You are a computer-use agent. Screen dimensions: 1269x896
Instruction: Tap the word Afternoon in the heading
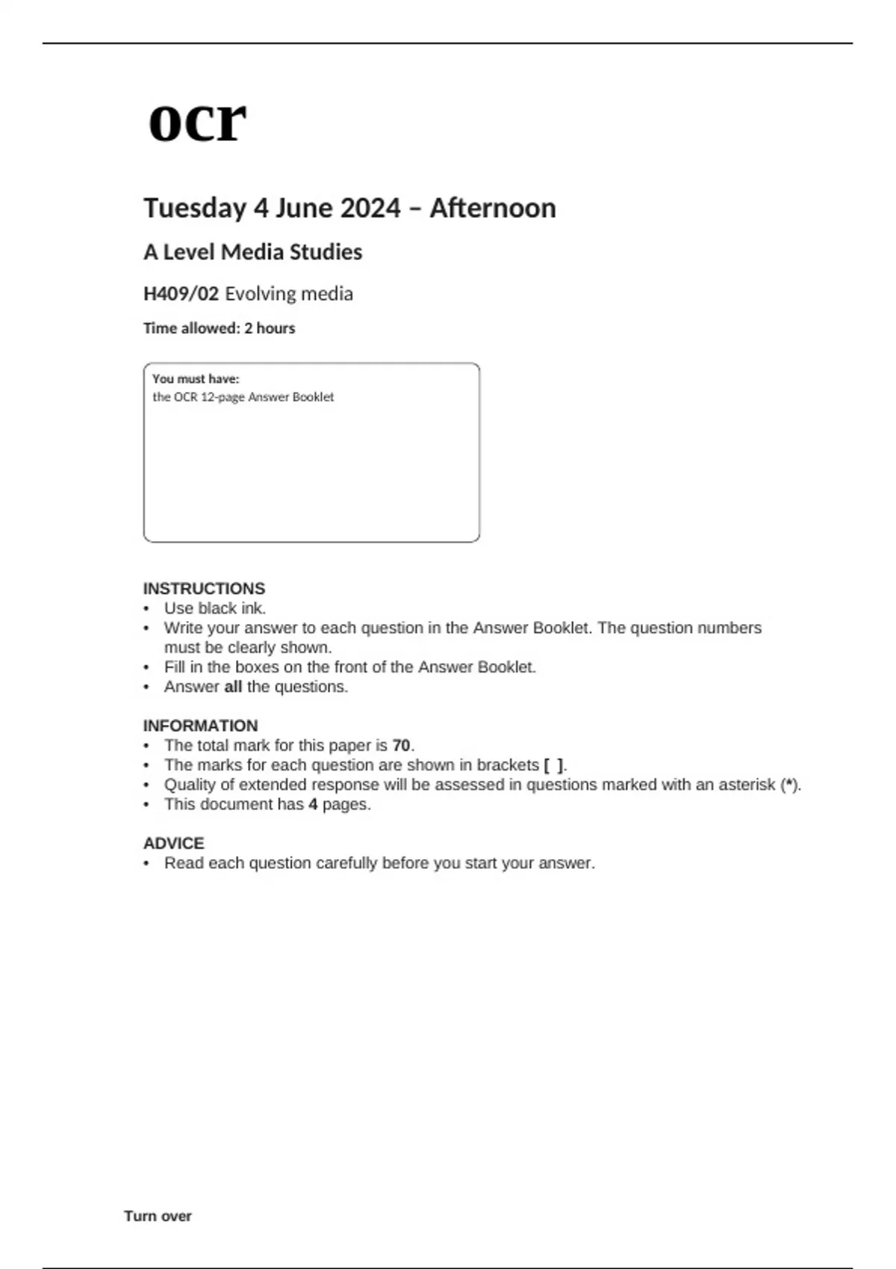pos(493,208)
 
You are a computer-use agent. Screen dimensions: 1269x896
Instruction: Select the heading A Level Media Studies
pos(252,252)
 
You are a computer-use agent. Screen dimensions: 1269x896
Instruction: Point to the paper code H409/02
pos(181,294)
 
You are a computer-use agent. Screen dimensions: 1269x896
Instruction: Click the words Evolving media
pos(289,294)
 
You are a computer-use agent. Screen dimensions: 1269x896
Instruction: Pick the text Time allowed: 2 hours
pos(219,328)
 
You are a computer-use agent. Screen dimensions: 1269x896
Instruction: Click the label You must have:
pos(196,379)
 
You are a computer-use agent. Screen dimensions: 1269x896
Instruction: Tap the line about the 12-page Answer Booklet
pos(243,397)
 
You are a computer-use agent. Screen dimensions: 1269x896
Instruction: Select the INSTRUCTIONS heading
pos(204,588)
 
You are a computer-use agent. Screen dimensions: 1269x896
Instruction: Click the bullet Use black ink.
pos(215,608)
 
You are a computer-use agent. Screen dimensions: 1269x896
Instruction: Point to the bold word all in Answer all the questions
pos(233,687)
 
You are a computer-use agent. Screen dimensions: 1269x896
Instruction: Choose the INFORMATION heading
pos(200,726)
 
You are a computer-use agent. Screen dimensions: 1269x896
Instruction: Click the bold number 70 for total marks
pos(401,746)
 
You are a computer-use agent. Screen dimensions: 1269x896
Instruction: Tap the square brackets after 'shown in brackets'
pos(553,765)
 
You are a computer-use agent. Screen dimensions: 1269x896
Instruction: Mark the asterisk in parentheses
pos(790,785)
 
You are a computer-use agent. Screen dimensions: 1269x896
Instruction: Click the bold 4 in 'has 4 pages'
pos(313,805)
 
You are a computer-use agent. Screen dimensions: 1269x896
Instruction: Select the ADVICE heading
pos(173,844)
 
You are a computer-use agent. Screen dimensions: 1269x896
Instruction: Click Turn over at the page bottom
pos(158,1216)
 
